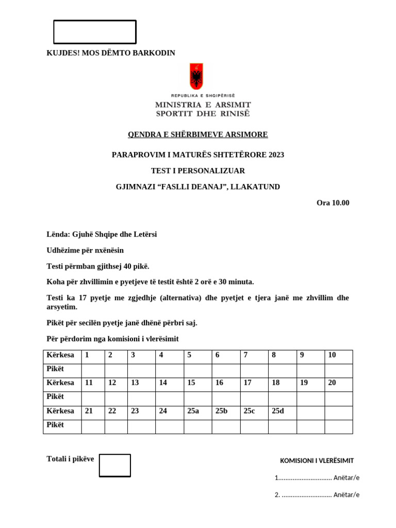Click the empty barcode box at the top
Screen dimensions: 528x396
(95, 32)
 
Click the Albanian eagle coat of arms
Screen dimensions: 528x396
(196, 77)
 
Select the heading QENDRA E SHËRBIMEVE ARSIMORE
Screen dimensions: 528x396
(198, 135)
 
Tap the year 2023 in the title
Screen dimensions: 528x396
(276, 155)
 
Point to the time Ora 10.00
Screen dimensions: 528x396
(333, 203)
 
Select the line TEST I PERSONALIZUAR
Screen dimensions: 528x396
(198, 171)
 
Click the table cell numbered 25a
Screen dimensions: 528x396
(197, 411)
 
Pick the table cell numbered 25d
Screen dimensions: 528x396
(282, 411)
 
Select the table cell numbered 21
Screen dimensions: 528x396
(93, 411)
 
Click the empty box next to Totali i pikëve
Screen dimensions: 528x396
(114, 465)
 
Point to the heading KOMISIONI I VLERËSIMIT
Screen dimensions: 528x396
(317, 460)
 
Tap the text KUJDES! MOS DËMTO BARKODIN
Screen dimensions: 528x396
(111, 53)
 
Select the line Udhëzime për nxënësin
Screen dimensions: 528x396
(85, 250)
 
